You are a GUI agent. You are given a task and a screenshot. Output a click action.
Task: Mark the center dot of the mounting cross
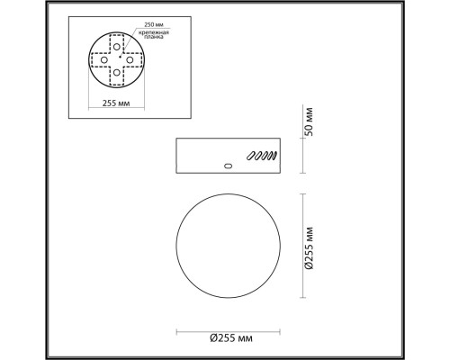click(x=118, y=60)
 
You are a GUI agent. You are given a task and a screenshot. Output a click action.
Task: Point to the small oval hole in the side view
click(x=228, y=166)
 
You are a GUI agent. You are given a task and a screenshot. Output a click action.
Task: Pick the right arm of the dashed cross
click(x=135, y=60)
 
